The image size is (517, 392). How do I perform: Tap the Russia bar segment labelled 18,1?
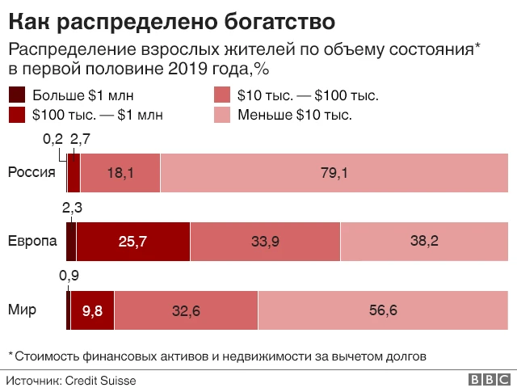click(x=120, y=172)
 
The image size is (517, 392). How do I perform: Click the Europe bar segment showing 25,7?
click(x=132, y=241)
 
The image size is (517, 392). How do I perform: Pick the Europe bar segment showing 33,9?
click(x=265, y=241)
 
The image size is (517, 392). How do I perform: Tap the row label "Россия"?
click(x=32, y=171)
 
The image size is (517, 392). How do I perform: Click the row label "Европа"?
click(x=32, y=241)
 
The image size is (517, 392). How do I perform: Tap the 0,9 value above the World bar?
click(x=69, y=276)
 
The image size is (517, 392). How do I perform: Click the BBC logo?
click(x=487, y=380)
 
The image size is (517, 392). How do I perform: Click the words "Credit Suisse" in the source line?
click(x=100, y=380)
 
